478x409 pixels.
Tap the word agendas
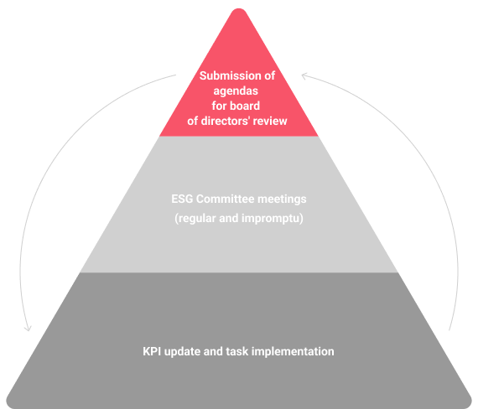236,91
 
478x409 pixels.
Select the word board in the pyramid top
245,106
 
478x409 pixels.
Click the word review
270,121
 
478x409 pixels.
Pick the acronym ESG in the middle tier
182,199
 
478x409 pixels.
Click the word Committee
225,199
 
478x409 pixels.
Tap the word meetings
282,199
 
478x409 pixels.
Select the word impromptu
273,219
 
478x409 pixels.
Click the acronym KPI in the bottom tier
152,351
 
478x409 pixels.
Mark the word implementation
293,352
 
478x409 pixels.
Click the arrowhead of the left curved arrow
28,329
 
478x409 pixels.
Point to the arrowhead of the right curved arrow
304,75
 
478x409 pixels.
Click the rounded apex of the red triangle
239,9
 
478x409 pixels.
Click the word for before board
220,106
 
